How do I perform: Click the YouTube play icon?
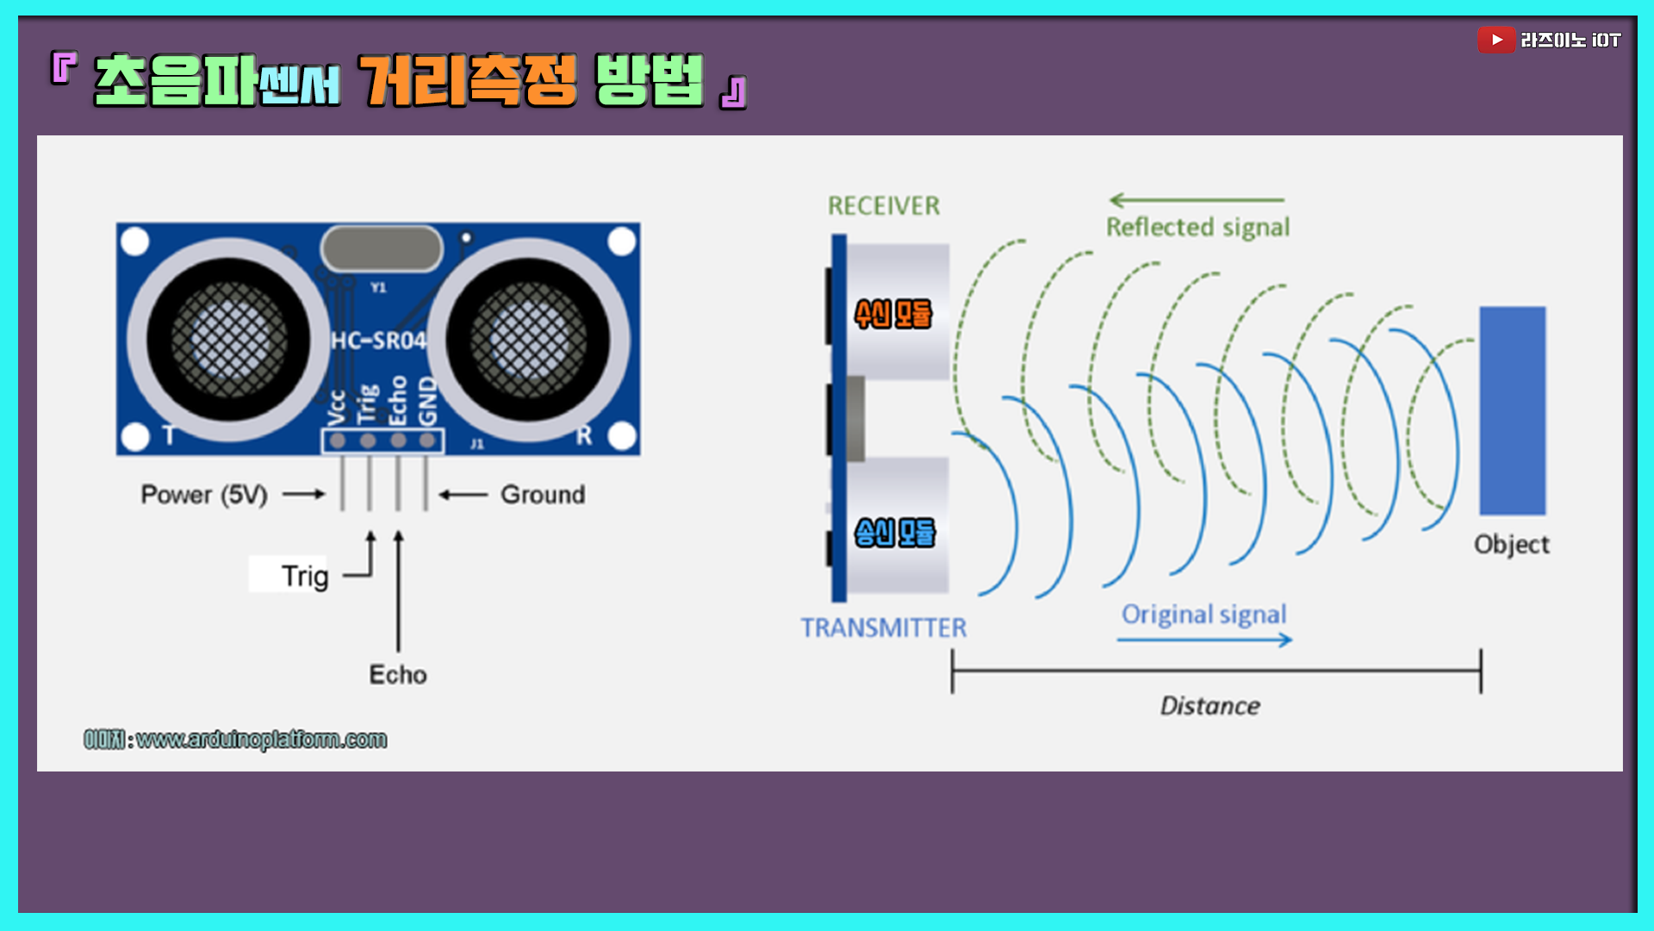click(x=1496, y=40)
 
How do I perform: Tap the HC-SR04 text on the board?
click(x=379, y=341)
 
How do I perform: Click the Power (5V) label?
click(x=204, y=495)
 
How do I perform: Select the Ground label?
click(x=543, y=495)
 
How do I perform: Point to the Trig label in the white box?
click(x=304, y=575)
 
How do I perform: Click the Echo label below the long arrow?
click(x=398, y=674)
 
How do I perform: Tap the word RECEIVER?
click(x=884, y=206)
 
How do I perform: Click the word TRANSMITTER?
click(x=884, y=628)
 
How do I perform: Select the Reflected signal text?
click(x=1197, y=227)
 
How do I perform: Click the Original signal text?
click(x=1203, y=614)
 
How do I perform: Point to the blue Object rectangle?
click(x=1512, y=410)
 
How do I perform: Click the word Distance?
click(x=1209, y=706)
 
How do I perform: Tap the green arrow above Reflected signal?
click(x=1197, y=200)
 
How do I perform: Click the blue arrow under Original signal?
click(x=1204, y=640)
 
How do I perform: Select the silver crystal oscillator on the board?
click(x=382, y=248)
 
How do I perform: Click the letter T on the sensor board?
click(x=169, y=435)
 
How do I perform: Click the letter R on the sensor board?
click(x=584, y=435)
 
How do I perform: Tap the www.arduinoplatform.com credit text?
click(x=261, y=740)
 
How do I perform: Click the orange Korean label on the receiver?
click(x=893, y=314)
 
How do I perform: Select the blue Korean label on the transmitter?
click(x=894, y=533)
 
